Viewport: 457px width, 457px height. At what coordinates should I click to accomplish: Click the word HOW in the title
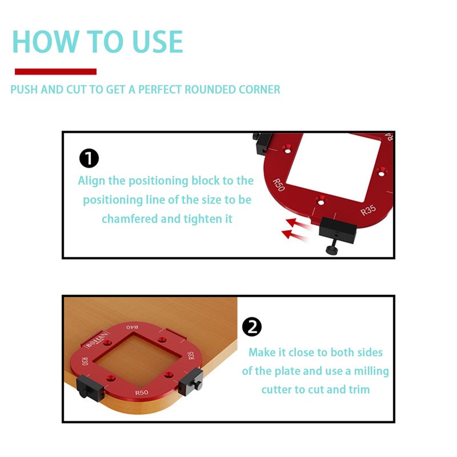click(x=46, y=42)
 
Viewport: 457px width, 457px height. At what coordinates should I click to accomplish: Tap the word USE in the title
click(x=158, y=42)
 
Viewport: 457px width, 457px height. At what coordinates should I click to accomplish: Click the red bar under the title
click(x=55, y=72)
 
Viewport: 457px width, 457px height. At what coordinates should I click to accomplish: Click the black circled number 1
click(x=89, y=158)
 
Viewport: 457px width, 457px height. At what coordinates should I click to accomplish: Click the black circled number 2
click(x=252, y=327)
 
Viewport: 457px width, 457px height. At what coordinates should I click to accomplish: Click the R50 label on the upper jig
click(x=278, y=185)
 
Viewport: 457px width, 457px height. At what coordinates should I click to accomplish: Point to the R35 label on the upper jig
click(x=368, y=210)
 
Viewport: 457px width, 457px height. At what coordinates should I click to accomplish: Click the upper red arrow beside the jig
click(x=296, y=224)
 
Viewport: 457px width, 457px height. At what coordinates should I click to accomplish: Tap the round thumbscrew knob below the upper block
click(x=332, y=250)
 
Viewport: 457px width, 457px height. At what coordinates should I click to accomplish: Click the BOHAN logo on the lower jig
click(x=96, y=340)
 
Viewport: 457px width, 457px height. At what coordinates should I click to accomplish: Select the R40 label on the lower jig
click(x=133, y=327)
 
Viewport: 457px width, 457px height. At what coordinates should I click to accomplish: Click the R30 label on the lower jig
click(x=85, y=362)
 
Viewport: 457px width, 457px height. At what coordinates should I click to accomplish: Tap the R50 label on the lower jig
click(x=142, y=392)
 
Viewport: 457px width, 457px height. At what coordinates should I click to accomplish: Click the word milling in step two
click(x=371, y=371)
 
